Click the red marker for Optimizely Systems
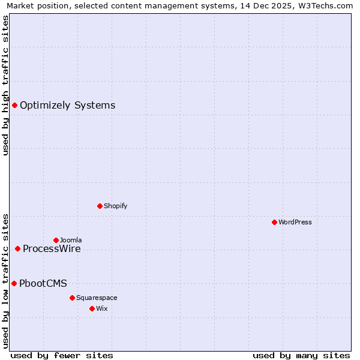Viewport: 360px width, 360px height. point(14,106)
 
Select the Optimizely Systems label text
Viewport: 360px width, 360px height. point(67,106)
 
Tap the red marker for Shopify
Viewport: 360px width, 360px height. point(100,206)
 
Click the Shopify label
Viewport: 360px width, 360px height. point(115,206)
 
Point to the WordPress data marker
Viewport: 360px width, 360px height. point(274,222)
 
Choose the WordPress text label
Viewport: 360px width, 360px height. point(295,222)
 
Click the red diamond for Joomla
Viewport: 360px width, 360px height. point(56,240)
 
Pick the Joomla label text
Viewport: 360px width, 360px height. point(71,240)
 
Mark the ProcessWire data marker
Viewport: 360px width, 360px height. point(17,248)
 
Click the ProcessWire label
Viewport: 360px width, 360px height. point(52,249)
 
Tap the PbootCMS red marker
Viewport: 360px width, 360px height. point(14,283)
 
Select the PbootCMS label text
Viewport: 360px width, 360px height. point(43,284)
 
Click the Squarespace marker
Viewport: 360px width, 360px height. point(72,298)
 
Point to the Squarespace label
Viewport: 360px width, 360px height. point(97,298)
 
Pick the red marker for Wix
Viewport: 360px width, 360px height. point(92,308)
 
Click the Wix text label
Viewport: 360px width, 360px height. point(101,308)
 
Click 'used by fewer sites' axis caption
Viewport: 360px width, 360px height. point(62,355)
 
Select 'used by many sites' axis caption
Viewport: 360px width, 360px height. point(301,355)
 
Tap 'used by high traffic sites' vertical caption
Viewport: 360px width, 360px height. point(5,85)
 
